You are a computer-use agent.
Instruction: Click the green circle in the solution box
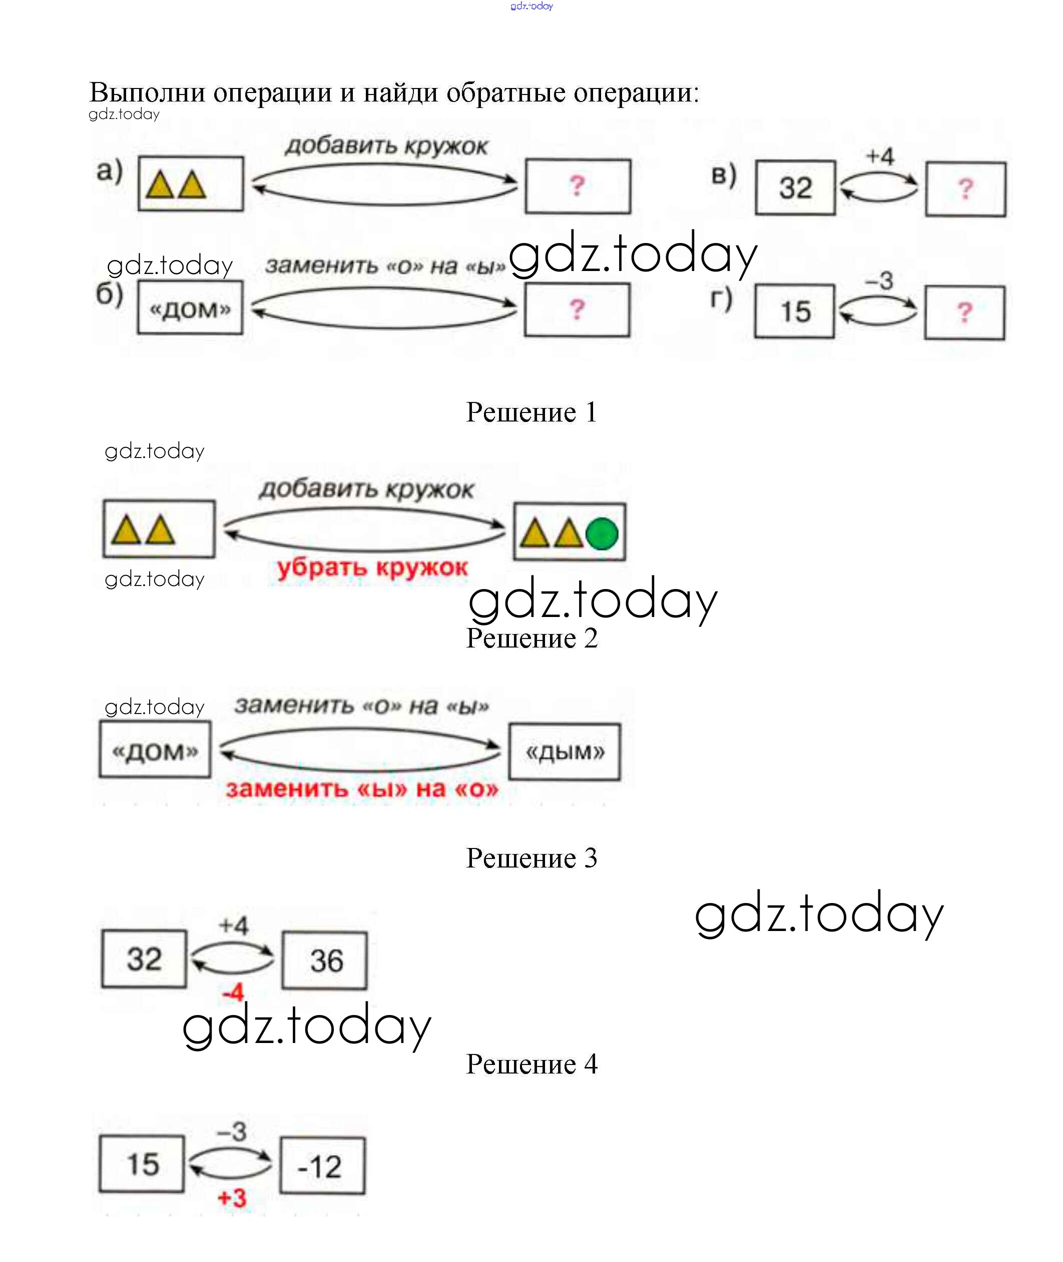602,533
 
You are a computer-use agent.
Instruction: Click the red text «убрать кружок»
372,567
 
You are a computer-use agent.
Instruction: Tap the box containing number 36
324,960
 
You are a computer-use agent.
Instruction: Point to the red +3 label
232,1197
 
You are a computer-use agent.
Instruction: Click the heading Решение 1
531,412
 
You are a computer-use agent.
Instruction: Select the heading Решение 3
531,858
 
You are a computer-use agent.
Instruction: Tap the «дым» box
564,752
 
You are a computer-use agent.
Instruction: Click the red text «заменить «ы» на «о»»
362,789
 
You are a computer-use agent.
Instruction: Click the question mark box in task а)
578,186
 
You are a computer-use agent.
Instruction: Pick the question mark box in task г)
964,312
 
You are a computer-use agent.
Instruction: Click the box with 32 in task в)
795,188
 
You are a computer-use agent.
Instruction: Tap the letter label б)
110,294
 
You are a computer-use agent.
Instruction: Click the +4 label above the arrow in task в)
880,156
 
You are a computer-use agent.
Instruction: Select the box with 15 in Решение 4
142,1164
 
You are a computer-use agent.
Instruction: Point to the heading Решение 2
531,638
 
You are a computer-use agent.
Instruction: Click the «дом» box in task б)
190,308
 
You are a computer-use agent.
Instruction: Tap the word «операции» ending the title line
635,93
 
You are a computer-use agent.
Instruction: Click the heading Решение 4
531,1064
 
